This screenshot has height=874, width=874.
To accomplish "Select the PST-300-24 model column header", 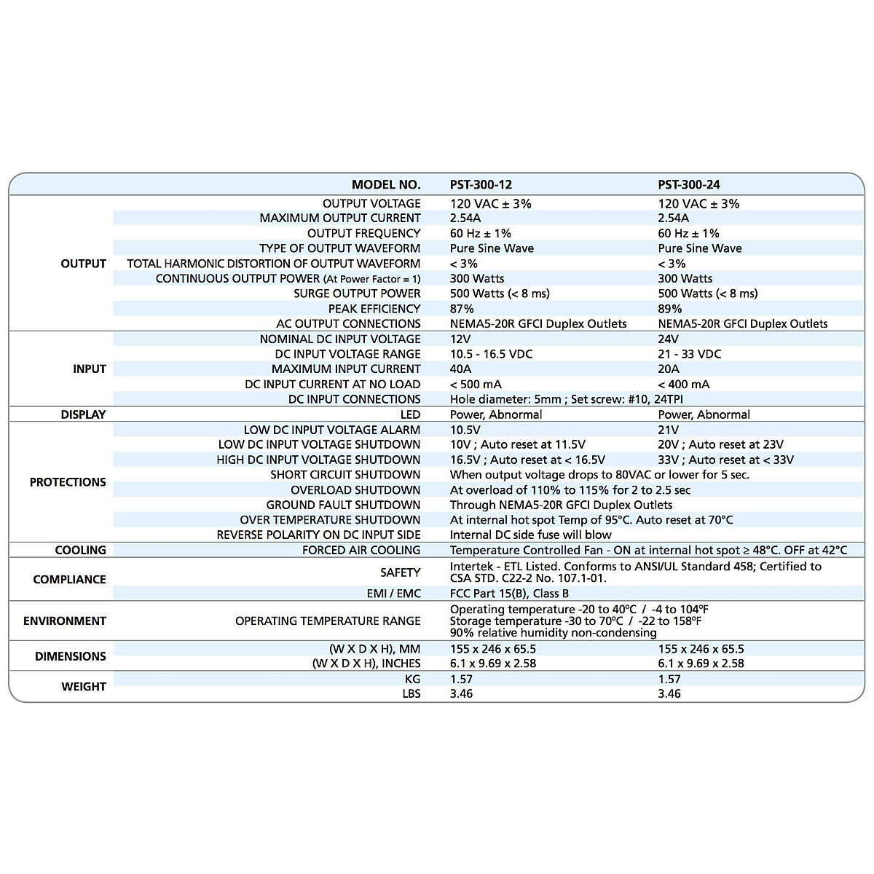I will [689, 185].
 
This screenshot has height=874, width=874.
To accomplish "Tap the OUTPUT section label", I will [83, 264].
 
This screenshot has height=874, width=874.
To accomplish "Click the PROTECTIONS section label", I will [68, 482].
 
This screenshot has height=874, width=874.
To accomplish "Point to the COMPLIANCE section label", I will [69, 580].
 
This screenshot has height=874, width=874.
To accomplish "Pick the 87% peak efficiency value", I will [462, 309].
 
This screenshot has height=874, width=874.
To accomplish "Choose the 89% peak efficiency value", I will [670, 309].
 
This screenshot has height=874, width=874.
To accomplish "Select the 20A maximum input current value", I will [669, 369].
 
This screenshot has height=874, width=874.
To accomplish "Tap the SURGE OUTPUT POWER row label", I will [357, 294].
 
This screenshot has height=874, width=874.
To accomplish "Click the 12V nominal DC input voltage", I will [461, 339].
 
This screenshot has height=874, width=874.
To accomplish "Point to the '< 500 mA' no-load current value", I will [476, 385].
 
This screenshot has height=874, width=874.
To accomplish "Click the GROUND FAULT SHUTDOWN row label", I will [343, 505].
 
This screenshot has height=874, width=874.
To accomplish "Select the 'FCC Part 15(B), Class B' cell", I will [509, 594].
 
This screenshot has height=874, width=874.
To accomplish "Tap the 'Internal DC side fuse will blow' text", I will [531, 535].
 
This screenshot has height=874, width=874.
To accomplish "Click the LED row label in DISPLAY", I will [410, 414].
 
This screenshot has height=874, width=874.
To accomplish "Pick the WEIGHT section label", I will [84, 687].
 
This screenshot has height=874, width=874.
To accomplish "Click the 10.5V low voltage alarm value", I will [465, 430].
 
